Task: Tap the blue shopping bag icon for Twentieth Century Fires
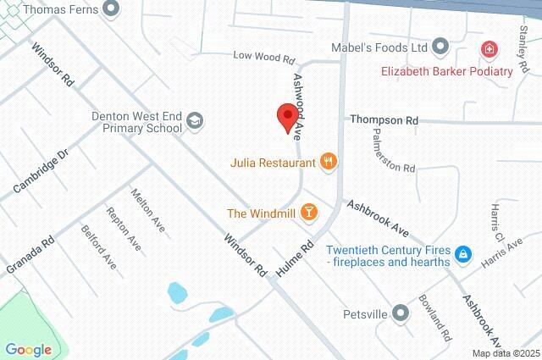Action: (462, 253)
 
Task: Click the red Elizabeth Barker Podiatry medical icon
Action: (489, 50)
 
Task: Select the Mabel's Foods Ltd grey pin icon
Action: (440, 47)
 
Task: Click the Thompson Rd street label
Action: (384, 121)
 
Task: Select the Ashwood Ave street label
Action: (299, 104)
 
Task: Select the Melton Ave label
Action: (147, 210)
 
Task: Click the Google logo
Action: (29, 349)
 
